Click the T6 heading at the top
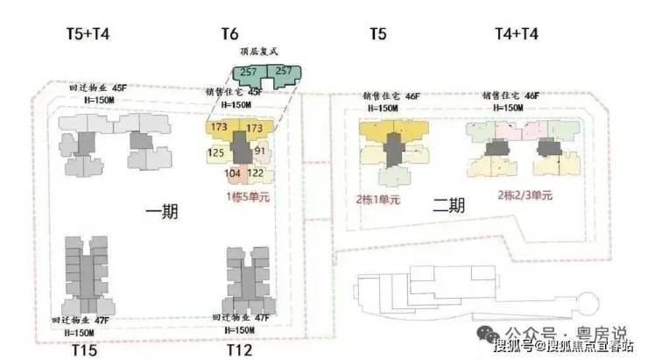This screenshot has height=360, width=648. click(x=229, y=34)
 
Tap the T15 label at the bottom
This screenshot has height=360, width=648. click(x=83, y=350)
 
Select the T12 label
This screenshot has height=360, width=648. click(x=239, y=350)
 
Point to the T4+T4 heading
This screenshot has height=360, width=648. click(x=516, y=34)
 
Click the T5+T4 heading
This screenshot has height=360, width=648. click(x=88, y=34)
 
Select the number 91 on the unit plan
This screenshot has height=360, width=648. click(x=259, y=151)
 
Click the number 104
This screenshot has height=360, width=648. click(x=232, y=173)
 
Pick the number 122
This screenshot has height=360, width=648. click(x=256, y=173)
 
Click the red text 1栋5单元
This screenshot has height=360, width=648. click(x=250, y=196)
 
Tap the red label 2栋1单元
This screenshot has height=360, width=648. click(x=377, y=200)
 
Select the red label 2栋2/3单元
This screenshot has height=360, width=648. click(x=525, y=194)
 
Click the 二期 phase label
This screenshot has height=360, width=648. click(x=448, y=206)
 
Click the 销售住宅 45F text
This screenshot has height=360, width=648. click(x=234, y=92)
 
